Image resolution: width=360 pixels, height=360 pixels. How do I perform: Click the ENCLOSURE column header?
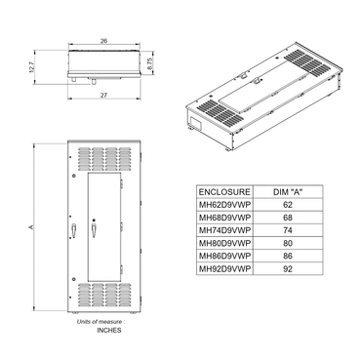tap(224, 193)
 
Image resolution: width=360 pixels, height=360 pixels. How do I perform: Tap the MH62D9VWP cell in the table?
tap(224, 206)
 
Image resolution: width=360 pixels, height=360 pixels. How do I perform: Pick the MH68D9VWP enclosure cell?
tap(224, 219)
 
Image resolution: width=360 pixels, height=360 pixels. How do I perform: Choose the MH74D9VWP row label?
tap(224, 231)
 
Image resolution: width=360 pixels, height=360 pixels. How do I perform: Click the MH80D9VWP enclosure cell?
tap(224, 243)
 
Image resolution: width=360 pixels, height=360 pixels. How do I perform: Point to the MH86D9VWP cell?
tap(224, 256)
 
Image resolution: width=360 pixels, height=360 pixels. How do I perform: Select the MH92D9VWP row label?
tap(224, 268)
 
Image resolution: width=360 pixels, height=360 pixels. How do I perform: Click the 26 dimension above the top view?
tap(103, 42)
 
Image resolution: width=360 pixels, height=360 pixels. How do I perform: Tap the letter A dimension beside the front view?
tap(33, 227)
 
